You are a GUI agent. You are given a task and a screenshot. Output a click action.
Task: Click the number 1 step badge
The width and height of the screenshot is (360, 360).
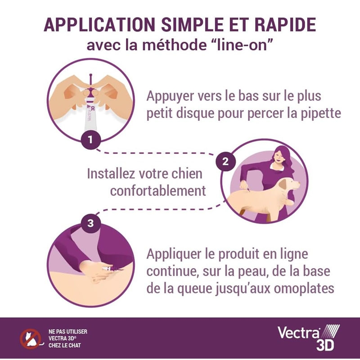pyautogui.click(x=90, y=139)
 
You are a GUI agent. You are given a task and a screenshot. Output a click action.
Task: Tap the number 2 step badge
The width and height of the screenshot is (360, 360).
pyautogui.click(x=225, y=161)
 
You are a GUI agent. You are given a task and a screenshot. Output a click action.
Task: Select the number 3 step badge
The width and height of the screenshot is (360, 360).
pyautogui.click(x=90, y=223)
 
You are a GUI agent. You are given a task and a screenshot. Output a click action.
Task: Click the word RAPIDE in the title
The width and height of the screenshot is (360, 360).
pyautogui.click(x=285, y=24)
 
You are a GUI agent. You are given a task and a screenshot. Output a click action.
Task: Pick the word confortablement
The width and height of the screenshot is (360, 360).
pyautogui.click(x=158, y=190)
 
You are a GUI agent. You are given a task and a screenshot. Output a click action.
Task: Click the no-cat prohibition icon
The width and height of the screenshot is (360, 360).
pyautogui.click(x=30, y=339)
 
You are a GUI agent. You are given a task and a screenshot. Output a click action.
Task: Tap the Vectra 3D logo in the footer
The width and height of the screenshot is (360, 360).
pyautogui.click(x=308, y=338)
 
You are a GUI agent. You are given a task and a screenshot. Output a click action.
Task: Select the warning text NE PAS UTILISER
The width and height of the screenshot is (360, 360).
pyautogui.click(x=68, y=332)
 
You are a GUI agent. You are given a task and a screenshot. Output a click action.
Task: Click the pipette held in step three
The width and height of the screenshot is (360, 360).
pyautogui.click(x=111, y=268)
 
